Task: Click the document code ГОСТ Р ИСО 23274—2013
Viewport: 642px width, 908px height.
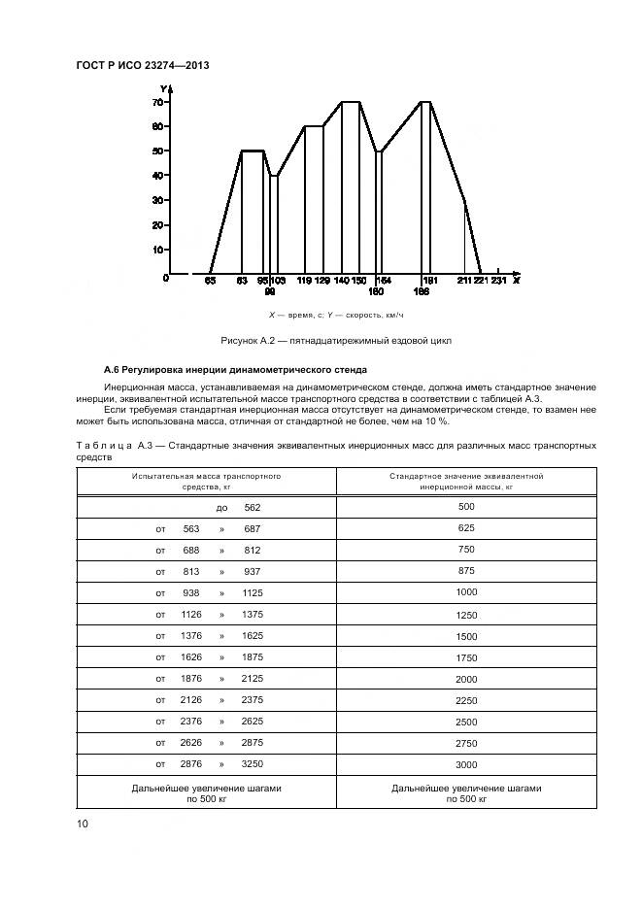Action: click(142, 65)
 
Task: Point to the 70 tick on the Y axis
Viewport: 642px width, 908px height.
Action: click(156, 102)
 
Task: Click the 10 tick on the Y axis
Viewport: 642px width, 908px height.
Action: click(156, 250)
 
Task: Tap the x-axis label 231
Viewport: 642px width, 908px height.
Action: click(498, 281)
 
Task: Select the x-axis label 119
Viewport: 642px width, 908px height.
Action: click(304, 281)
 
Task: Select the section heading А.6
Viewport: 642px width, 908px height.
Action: click(233, 371)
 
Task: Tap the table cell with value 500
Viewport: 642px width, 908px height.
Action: click(466, 507)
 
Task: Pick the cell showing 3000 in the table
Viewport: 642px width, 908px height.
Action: click(466, 763)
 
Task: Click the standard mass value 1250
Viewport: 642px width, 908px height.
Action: click(466, 614)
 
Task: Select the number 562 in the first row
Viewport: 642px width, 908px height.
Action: click(253, 507)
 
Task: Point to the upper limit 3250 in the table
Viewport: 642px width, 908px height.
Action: click(253, 763)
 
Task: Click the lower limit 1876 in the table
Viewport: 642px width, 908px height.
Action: click(191, 678)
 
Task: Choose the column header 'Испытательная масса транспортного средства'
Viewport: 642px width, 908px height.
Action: click(206, 483)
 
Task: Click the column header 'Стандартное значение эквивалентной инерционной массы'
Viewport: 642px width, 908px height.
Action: click(466, 483)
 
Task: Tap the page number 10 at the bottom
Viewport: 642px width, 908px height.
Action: click(83, 824)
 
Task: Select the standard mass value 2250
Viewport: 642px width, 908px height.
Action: click(466, 699)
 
